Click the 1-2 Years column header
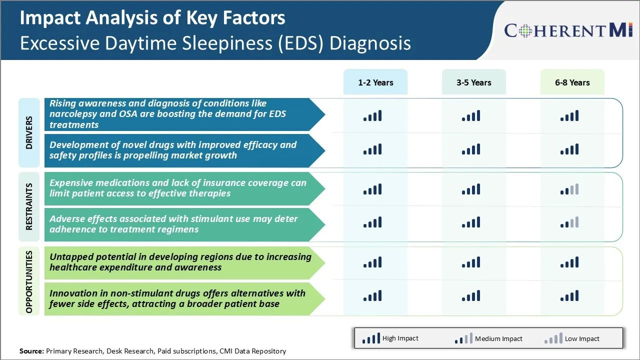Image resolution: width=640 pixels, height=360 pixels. point(375,82)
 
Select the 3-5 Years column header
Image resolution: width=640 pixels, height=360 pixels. point(473,82)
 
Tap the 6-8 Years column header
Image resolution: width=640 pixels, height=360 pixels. point(572,82)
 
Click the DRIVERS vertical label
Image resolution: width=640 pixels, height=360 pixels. point(29,132)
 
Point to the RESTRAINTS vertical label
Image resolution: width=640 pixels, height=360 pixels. point(29,206)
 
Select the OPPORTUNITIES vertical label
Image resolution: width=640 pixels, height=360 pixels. point(29,281)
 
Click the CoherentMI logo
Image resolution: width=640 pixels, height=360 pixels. point(569,30)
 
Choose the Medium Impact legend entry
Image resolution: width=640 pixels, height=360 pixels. point(488,338)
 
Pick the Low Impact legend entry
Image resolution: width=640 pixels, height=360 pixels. point(572,338)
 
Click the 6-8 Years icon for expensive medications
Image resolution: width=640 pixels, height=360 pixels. point(569,189)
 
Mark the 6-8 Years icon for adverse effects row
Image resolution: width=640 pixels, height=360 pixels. point(569,222)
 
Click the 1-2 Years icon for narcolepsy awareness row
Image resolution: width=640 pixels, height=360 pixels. point(372,116)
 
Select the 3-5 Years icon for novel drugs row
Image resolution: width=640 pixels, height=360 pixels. point(471,149)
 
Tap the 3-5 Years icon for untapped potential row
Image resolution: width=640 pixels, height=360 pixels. point(471,262)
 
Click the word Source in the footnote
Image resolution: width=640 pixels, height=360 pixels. point(31,351)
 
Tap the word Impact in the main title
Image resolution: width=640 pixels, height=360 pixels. point(49,18)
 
